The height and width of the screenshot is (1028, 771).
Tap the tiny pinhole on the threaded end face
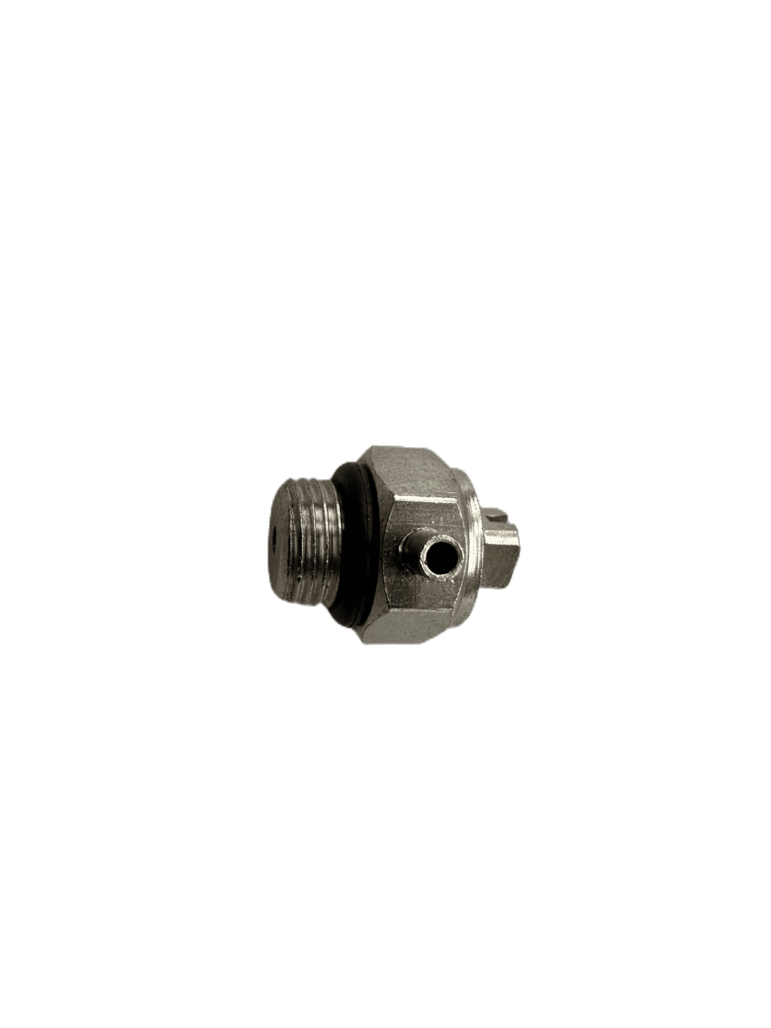tap(273, 529)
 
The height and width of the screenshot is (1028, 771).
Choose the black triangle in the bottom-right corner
tap(763, 1020)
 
